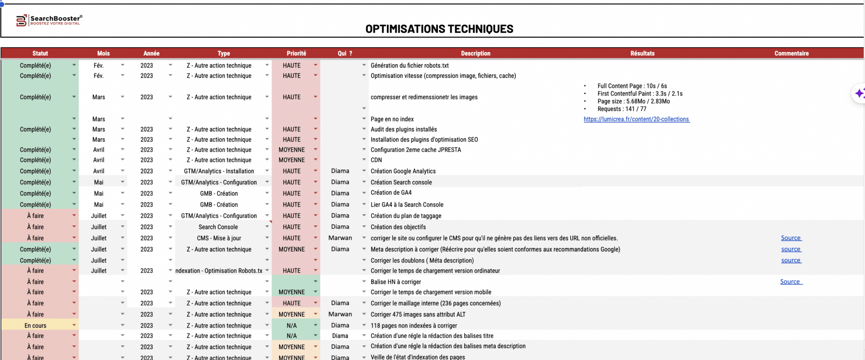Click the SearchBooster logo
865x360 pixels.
(x=49, y=20)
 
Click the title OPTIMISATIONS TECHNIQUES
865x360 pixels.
(x=439, y=29)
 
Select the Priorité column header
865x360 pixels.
(x=296, y=53)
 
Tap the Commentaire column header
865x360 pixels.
(x=791, y=53)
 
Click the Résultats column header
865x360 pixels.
(x=642, y=53)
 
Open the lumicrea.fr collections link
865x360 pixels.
(x=636, y=119)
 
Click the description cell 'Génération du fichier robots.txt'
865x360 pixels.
(x=409, y=65)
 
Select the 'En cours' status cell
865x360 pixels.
(x=35, y=325)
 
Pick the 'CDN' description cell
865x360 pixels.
(x=376, y=160)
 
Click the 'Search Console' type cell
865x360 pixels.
(x=218, y=227)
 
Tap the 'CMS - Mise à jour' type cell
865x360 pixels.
(x=219, y=238)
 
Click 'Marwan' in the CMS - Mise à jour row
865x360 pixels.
(x=340, y=238)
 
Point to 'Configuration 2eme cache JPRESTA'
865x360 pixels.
(x=416, y=150)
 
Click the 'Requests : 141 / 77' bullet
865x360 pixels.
(x=622, y=109)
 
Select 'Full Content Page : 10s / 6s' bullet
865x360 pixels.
(x=632, y=86)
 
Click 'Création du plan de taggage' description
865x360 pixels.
(x=405, y=216)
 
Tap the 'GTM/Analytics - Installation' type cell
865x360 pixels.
(x=219, y=171)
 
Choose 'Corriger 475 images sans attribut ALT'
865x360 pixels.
(x=418, y=314)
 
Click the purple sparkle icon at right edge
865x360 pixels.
(x=859, y=93)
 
